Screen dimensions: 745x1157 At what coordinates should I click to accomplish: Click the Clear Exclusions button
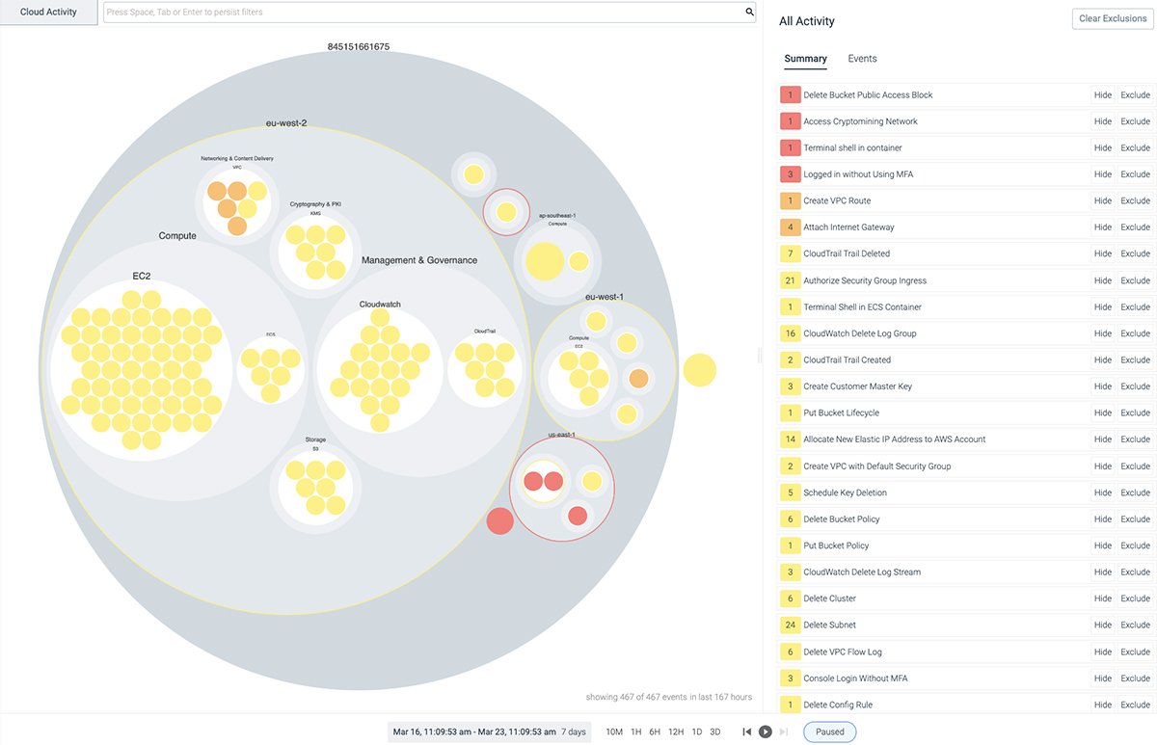click(1112, 19)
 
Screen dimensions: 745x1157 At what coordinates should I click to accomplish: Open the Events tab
click(862, 59)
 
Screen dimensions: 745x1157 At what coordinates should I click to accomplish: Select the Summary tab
click(805, 59)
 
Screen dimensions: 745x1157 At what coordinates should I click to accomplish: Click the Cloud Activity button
click(48, 13)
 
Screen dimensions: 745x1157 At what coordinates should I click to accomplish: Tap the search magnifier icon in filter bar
click(749, 13)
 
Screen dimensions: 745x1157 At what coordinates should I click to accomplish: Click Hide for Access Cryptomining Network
click(1102, 121)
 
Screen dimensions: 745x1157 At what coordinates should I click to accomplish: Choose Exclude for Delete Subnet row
click(1135, 625)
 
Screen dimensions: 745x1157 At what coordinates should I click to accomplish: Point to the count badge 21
click(790, 280)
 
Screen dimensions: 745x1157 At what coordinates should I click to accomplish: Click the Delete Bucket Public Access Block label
click(868, 95)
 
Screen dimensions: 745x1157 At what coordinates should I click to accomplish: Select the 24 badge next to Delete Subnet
click(790, 625)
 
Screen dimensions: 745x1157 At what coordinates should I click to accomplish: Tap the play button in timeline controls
click(765, 732)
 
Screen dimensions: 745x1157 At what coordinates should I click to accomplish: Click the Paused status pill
click(829, 732)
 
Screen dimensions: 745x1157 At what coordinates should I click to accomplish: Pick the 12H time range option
click(675, 732)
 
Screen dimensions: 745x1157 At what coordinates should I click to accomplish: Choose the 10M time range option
click(614, 732)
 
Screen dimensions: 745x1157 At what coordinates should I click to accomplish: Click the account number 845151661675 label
click(358, 46)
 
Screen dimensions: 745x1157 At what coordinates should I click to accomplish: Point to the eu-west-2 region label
click(286, 123)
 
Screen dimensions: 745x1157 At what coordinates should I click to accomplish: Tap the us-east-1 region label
click(562, 435)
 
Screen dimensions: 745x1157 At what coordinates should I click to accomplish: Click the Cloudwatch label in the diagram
click(380, 305)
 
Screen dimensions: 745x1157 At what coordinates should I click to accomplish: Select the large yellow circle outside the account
click(700, 370)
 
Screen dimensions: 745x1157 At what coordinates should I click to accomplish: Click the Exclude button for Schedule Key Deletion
click(1135, 492)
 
